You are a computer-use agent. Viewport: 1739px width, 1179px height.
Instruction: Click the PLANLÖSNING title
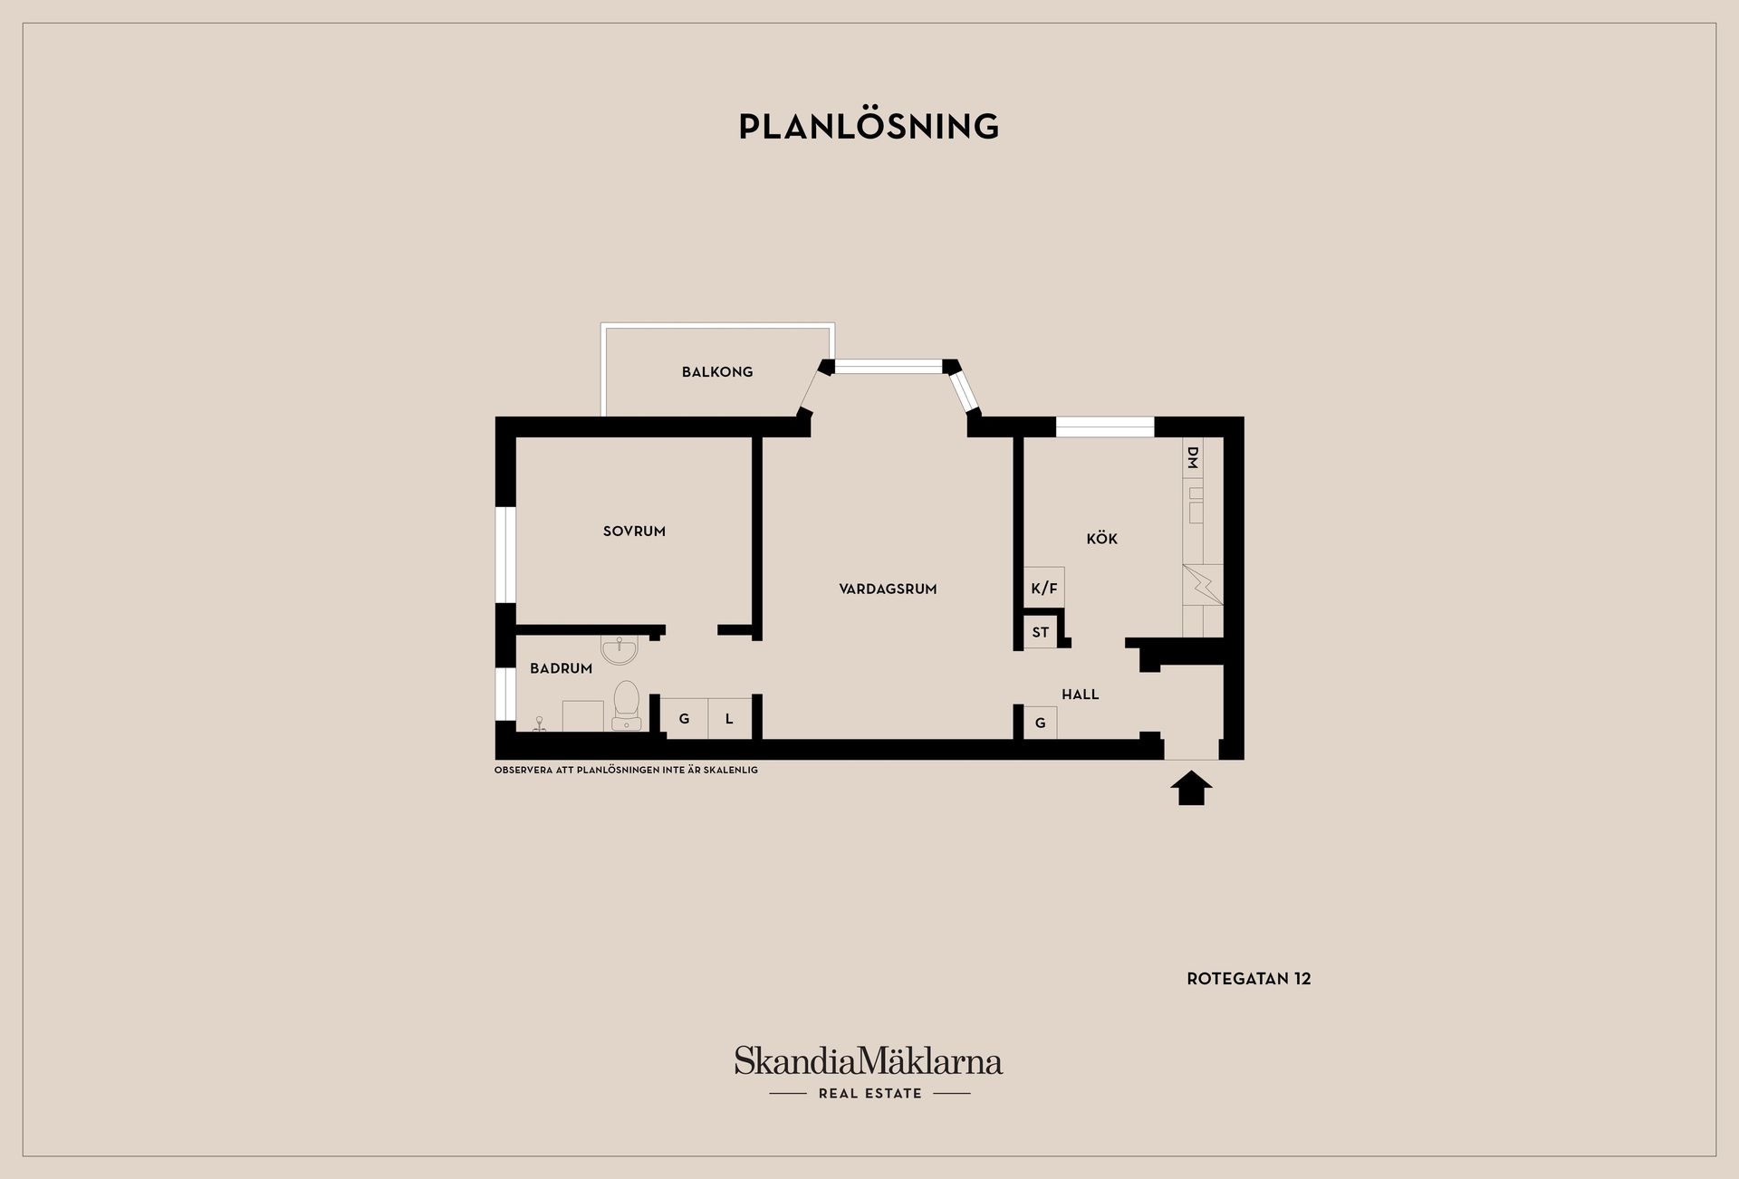click(869, 126)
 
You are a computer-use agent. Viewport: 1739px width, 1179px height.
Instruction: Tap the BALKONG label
click(717, 371)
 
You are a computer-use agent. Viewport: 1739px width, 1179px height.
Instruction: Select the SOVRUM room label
click(634, 532)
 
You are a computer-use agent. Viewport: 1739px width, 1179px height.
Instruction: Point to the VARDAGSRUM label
click(888, 589)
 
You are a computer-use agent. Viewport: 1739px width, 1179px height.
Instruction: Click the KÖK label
click(1102, 538)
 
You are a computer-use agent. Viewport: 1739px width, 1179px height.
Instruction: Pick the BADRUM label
click(561, 668)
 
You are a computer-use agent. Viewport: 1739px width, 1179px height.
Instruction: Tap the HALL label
click(1081, 695)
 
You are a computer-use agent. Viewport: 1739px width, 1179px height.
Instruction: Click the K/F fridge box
click(1044, 588)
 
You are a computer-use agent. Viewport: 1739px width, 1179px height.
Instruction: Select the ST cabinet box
click(1041, 632)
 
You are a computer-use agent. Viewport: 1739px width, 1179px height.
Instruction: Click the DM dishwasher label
click(1193, 457)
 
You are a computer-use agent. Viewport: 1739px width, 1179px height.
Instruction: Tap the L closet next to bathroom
click(730, 719)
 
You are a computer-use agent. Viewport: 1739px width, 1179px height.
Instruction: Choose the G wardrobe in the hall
click(1041, 723)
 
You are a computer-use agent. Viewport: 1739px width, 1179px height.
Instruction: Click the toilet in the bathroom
click(626, 705)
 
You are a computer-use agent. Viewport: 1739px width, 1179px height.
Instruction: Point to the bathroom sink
click(620, 649)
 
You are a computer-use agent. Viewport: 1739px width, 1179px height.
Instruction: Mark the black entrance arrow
click(1191, 788)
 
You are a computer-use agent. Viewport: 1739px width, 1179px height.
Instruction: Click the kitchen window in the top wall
click(1105, 427)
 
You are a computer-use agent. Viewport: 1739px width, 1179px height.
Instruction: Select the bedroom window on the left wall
click(505, 554)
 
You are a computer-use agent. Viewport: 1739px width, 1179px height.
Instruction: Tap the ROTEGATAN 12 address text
click(1249, 979)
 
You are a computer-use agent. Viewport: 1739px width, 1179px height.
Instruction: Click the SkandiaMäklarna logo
click(869, 1072)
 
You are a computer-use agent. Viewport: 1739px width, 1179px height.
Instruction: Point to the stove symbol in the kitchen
click(1203, 585)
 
